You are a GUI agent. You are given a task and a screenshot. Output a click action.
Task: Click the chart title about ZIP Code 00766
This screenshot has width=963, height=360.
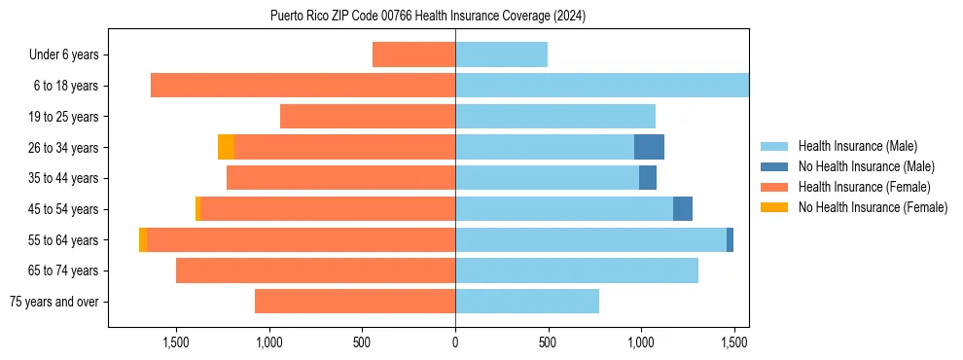(x=428, y=16)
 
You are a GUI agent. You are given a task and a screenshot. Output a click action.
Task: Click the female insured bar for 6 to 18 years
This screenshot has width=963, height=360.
(x=303, y=86)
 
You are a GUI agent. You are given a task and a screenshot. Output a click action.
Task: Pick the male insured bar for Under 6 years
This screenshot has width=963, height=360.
(x=501, y=55)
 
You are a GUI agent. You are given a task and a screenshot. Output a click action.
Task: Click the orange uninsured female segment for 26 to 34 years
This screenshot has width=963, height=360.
(x=226, y=148)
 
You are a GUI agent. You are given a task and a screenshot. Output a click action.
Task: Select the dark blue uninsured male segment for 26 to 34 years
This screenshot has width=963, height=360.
(x=649, y=148)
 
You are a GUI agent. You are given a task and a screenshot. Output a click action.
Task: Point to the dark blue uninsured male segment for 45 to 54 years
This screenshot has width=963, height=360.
(x=683, y=209)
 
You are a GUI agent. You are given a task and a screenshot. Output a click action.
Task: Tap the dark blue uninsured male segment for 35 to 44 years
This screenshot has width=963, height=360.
(x=648, y=178)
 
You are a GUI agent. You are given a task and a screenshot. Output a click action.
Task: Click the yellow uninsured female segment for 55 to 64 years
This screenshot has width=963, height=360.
(x=143, y=240)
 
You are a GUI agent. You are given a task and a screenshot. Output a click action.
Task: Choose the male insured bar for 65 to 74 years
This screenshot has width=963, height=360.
(x=577, y=270)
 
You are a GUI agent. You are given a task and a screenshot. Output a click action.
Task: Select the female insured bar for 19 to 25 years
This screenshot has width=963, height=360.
(x=368, y=117)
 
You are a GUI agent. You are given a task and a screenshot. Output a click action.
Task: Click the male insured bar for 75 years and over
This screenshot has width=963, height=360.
(x=527, y=302)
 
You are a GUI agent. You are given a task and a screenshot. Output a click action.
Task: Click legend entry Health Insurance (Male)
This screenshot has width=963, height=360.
(x=857, y=146)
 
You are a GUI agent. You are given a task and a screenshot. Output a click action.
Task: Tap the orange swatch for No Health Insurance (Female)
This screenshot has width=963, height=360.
(x=776, y=207)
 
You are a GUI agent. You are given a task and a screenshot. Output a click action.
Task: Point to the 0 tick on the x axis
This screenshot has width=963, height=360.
(x=455, y=342)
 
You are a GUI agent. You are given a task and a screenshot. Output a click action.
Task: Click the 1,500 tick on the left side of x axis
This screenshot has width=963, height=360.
(x=176, y=342)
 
